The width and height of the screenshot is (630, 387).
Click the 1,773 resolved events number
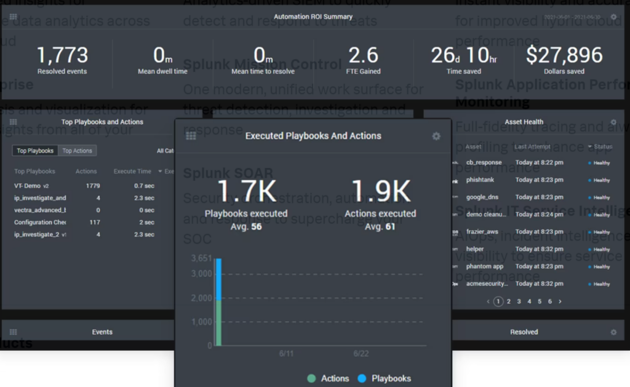pyautogui.click(x=62, y=55)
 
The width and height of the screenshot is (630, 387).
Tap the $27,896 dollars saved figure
pyautogui.click(x=564, y=55)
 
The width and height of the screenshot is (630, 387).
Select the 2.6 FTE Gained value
pyautogui.click(x=364, y=55)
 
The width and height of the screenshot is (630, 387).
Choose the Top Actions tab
pyautogui.click(x=77, y=151)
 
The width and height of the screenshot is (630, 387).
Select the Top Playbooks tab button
pyautogui.click(x=35, y=151)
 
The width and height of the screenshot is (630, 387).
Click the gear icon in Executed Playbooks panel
pyautogui.click(x=436, y=136)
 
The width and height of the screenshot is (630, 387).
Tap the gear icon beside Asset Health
pyautogui.click(x=613, y=122)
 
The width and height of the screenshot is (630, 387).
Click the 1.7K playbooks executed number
pyautogui.click(x=246, y=193)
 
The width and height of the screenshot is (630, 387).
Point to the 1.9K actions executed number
pyautogui.click(x=380, y=193)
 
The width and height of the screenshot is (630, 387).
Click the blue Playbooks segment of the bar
pyautogui.click(x=218, y=279)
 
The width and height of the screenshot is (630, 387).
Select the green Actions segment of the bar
pyautogui.click(x=218, y=323)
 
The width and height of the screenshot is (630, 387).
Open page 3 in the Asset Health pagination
pyautogui.click(x=519, y=301)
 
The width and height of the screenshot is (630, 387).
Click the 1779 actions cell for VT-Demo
pyautogui.click(x=93, y=186)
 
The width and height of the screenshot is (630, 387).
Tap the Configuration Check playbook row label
pyautogui.click(x=40, y=223)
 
